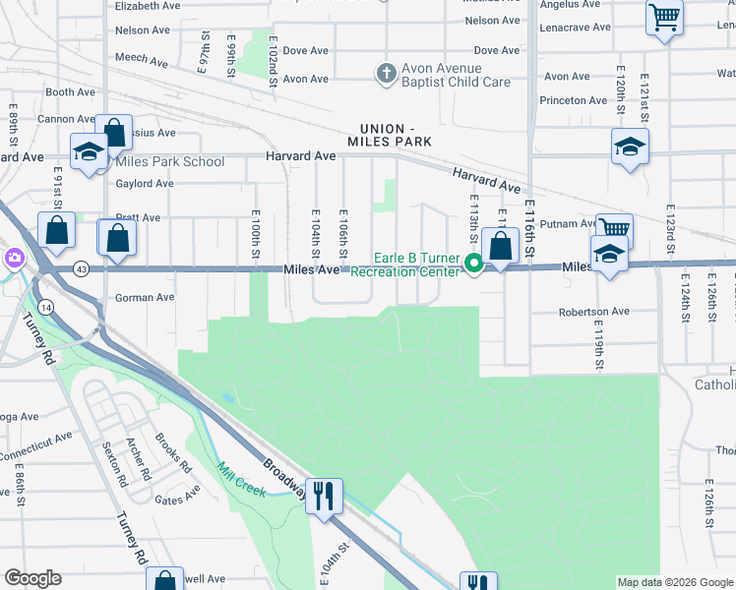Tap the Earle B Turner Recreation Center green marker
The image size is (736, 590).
tap(473, 263)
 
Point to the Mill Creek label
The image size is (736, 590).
tap(242, 479)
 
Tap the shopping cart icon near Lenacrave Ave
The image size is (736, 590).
tap(664, 17)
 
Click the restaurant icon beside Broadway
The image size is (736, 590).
tap(324, 495)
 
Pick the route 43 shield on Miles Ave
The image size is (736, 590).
tap(81, 268)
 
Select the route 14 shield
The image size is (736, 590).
tap(47, 308)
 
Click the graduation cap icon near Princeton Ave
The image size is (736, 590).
tap(630, 147)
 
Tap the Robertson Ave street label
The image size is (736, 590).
tap(593, 312)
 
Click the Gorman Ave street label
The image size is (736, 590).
tap(145, 297)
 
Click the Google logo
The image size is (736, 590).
tap(33, 578)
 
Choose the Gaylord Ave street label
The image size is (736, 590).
tap(144, 184)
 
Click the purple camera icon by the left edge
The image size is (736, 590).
tap(14, 259)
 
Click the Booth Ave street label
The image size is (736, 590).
tap(70, 92)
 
